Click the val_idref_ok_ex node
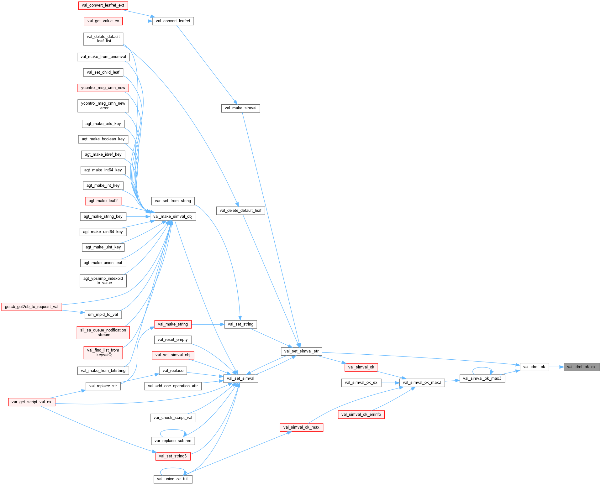point(581,367)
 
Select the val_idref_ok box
point(534,367)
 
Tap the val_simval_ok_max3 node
point(482,378)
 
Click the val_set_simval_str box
point(301,351)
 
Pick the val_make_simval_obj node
point(173,216)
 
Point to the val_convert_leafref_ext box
point(103,5)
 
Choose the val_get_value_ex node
point(103,21)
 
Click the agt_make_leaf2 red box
point(103,201)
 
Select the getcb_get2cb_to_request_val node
point(32,307)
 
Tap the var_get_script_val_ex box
point(31,402)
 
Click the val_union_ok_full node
point(173,479)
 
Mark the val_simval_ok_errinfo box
point(361,415)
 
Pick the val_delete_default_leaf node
point(240,211)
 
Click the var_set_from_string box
point(173,201)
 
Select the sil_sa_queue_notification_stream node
point(103,332)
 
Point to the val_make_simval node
point(240,108)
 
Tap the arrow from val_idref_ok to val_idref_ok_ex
point(556,367)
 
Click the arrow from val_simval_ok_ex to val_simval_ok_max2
point(390,383)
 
